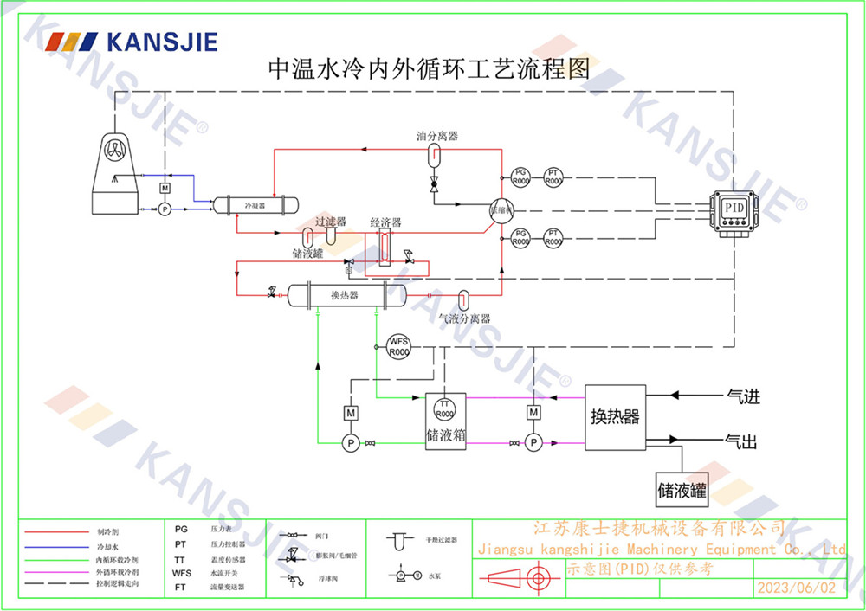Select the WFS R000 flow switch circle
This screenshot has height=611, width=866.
398,346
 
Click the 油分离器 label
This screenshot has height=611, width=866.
436,136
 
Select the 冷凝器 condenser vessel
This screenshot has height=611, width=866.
255,206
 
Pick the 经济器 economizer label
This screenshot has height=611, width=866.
385,222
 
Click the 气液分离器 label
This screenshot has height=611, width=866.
465,318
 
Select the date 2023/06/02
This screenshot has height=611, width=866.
797,588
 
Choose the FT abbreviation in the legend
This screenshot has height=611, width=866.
180,587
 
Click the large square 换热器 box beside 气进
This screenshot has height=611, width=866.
615,417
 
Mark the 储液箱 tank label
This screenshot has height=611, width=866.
446,434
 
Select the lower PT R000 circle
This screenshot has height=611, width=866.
553,238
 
